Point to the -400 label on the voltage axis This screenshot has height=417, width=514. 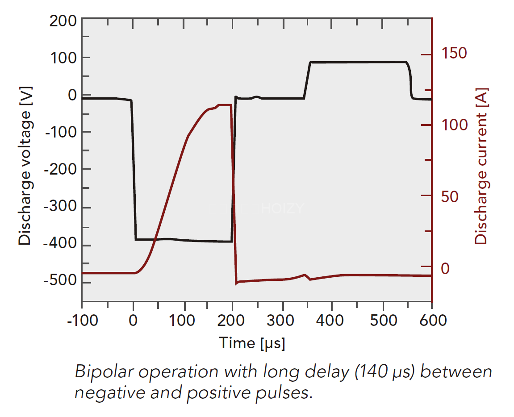(60, 245)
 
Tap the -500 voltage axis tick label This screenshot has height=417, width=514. (60, 283)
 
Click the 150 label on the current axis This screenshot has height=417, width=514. (454, 53)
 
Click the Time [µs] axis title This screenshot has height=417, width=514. (252, 343)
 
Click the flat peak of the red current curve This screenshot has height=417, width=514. (224, 105)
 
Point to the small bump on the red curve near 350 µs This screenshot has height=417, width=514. (305, 275)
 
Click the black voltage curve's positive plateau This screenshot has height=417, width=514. (357, 62)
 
